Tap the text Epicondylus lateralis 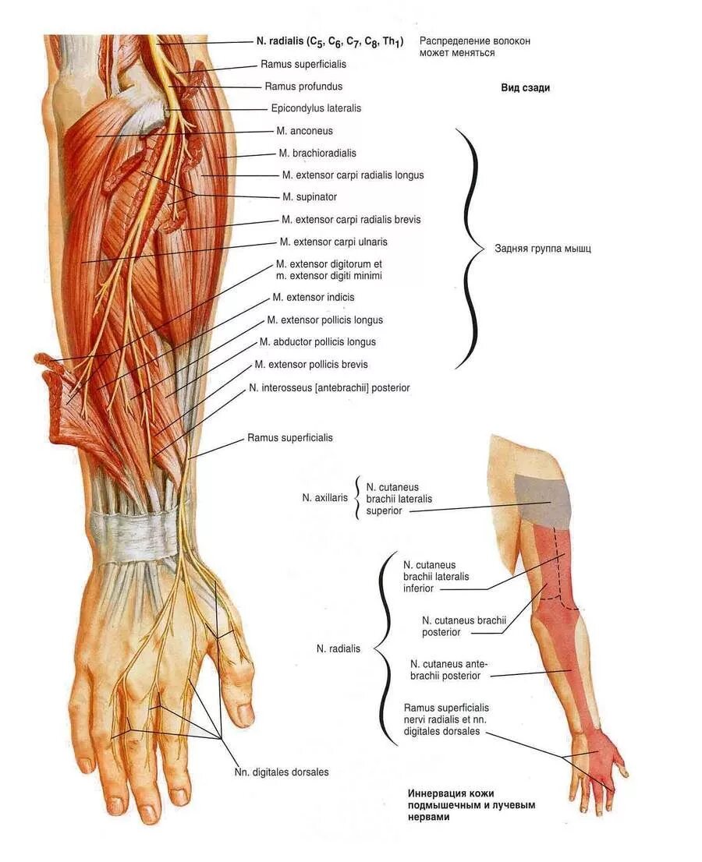[x=316, y=108]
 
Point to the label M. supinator [x=310, y=196]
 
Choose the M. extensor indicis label [x=313, y=297]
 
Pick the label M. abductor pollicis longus [x=317, y=341]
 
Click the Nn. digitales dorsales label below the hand [x=282, y=772]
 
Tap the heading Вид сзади [x=525, y=88]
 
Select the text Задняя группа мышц [x=543, y=249]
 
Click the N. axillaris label [x=325, y=496]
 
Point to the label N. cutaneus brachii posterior [x=464, y=626]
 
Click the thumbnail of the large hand [x=244, y=712]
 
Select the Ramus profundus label [x=303, y=87]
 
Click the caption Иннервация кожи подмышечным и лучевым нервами [x=471, y=805]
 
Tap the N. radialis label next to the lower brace [x=339, y=648]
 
